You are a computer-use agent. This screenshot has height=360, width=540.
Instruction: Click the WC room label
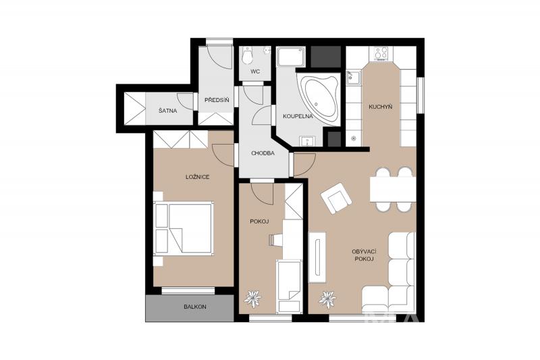tap(255, 72)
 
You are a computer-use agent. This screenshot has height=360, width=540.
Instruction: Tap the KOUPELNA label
tap(298, 116)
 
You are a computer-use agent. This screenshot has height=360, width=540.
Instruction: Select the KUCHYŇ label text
tap(381, 107)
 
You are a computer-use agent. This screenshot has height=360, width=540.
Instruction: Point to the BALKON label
tap(195, 306)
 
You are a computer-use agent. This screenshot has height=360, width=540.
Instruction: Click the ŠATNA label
tap(167, 111)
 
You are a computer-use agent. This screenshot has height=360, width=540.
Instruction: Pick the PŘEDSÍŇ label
tap(217, 100)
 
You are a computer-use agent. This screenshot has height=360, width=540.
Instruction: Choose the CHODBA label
tap(263, 153)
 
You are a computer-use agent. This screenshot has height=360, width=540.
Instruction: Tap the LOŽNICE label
tap(198, 177)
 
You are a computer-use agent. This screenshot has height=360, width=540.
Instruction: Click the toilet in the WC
tap(247, 55)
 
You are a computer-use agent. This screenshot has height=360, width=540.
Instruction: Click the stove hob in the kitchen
tap(381, 54)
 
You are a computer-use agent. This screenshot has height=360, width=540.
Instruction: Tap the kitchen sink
tap(353, 78)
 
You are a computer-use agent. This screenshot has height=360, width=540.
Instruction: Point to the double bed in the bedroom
tap(183, 229)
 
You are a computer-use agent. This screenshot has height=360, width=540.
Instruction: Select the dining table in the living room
tap(393, 189)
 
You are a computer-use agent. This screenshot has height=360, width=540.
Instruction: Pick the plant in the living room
tap(327, 299)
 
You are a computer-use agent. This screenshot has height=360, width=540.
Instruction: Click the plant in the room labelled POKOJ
tap(252, 299)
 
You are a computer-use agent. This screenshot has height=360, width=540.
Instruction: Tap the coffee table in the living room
tap(317, 257)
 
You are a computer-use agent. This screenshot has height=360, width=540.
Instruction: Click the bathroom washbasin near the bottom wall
tap(307, 141)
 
